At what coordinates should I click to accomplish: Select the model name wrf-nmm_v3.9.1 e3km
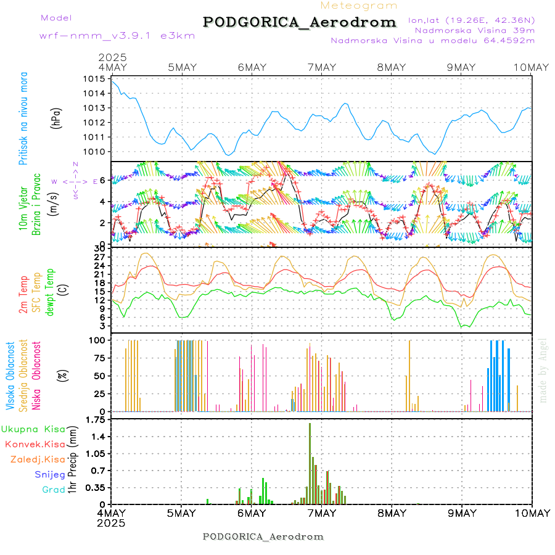pos(101,36)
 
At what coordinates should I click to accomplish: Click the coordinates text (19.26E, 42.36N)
pos(471,20)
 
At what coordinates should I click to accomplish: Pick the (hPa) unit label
pos(55,117)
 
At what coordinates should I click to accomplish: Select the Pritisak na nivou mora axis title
pos(24,118)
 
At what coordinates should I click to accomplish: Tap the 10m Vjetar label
pos(24,203)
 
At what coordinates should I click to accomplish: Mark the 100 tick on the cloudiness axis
pos(99,340)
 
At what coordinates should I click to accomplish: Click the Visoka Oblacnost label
pos(10,376)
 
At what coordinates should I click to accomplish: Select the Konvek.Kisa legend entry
pos(35,444)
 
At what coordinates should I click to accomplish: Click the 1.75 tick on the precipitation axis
pos(95,420)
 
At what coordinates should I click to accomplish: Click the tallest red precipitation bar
pos(310,462)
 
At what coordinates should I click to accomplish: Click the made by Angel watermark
pos(543,370)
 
